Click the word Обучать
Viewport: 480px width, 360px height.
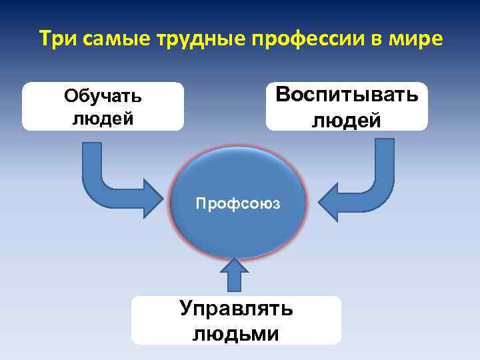coord(103,96)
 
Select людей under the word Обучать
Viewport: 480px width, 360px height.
coord(103,118)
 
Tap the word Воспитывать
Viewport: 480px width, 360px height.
coord(347,95)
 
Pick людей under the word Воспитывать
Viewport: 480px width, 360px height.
coord(346,120)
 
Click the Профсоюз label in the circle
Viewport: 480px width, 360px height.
coord(239,202)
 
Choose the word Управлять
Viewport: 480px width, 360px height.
coord(236,309)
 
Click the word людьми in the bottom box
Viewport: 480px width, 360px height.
coord(236,333)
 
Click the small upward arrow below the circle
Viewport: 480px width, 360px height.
coord(235,274)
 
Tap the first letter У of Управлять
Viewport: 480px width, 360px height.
coord(187,309)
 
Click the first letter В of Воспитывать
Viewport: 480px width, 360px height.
coord(283,95)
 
